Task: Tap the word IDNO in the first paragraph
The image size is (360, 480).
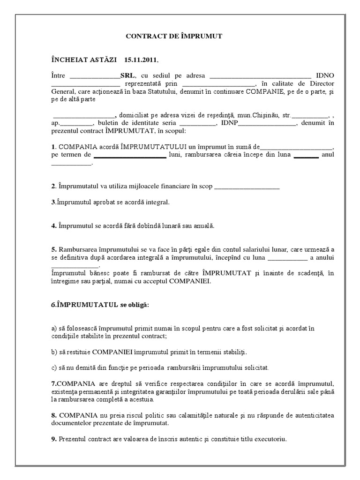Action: click(325, 75)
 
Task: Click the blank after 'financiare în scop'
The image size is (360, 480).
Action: click(247, 187)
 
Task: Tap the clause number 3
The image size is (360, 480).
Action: click(52, 202)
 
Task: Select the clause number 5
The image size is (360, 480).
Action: click(53, 249)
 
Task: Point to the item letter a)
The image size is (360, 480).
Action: click(54, 329)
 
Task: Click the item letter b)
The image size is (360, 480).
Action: click(54, 352)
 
